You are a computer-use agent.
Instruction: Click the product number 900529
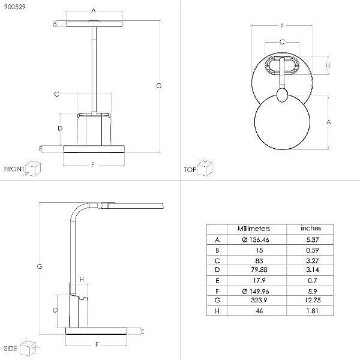click(x=14, y=7)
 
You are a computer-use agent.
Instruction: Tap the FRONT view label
click(x=14, y=169)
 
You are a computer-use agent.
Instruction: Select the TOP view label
click(x=190, y=170)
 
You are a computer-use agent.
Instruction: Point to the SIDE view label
click(x=10, y=348)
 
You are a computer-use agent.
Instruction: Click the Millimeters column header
click(x=253, y=229)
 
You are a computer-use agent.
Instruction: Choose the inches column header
click(x=311, y=228)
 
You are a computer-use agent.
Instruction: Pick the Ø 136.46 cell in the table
click(x=256, y=239)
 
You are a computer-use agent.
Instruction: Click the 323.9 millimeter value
click(x=259, y=300)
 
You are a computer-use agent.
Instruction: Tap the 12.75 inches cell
click(x=313, y=300)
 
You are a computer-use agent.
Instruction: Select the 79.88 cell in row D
click(x=259, y=269)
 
